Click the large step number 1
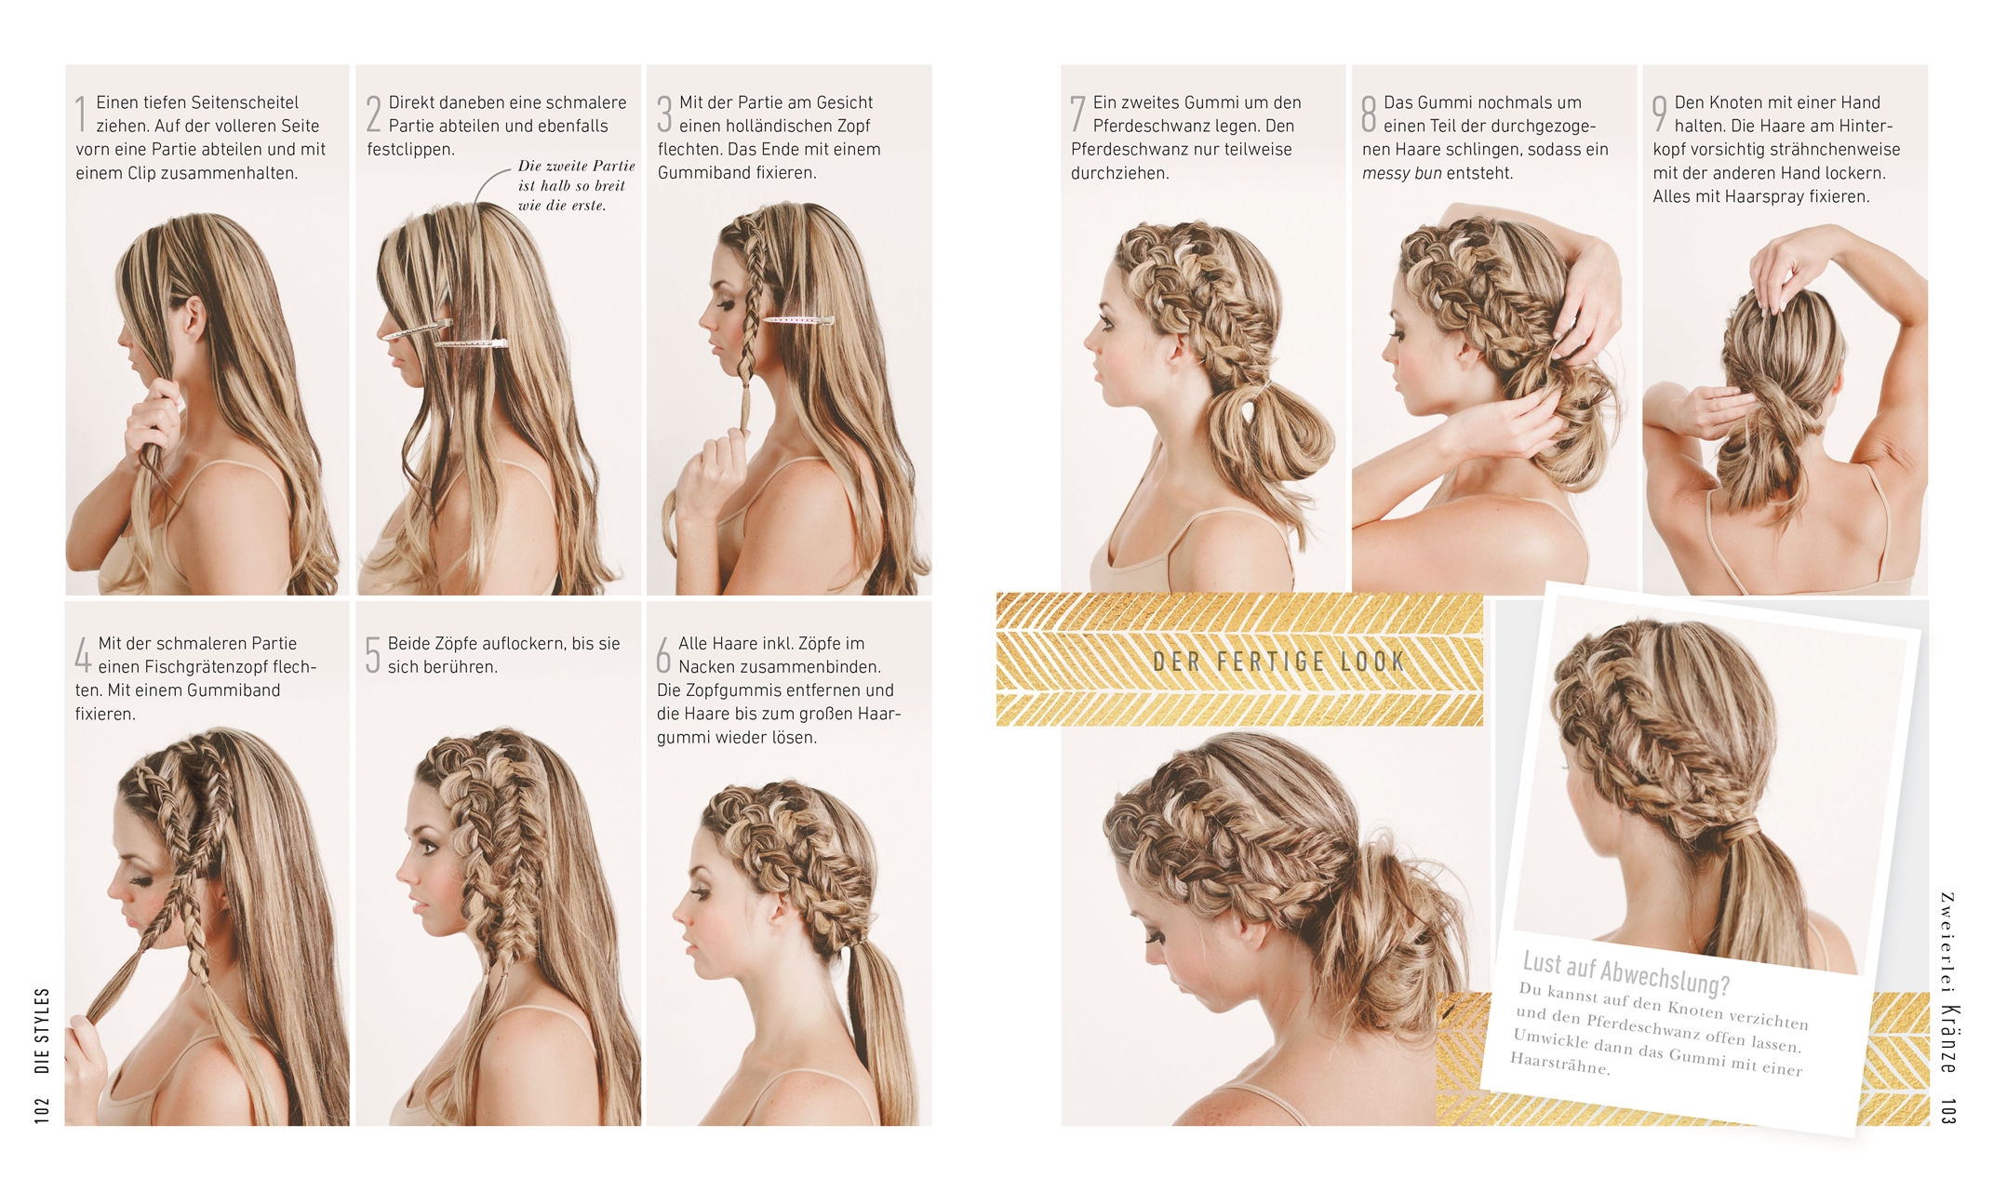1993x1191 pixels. (x=81, y=114)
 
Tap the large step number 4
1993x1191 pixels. (x=83, y=654)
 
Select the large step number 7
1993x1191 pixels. (x=1077, y=114)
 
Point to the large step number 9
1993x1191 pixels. (x=1660, y=114)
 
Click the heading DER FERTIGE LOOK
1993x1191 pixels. (x=1278, y=662)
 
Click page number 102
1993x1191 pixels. (x=42, y=1110)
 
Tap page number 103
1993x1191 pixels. (x=1948, y=1111)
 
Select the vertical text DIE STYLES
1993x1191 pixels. (x=42, y=1031)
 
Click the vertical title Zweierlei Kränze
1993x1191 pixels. (x=1948, y=982)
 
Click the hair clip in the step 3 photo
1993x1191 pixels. (x=798, y=320)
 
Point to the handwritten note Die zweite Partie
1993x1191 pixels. (x=576, y=166)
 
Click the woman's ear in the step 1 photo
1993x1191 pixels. (x=194, y=317)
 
